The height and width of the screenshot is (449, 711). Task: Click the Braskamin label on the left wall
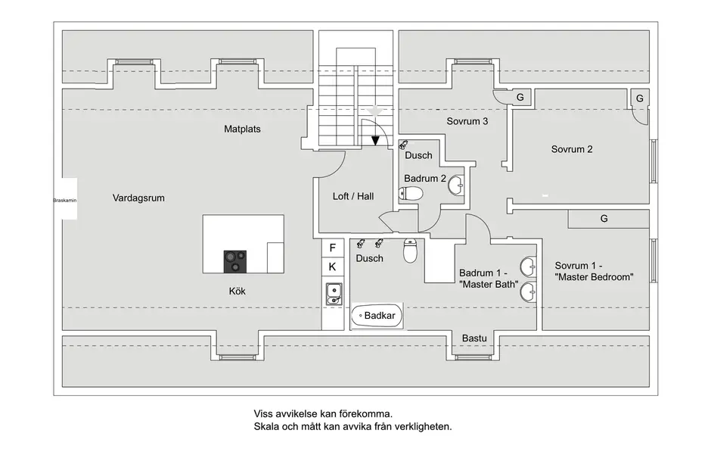65,200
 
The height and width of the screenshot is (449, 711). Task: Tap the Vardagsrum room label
138,198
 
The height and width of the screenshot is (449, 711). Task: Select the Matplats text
242,129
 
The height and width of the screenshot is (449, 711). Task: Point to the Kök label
237,291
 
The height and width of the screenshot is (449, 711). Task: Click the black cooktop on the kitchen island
235,261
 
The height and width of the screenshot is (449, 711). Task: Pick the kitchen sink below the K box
333,294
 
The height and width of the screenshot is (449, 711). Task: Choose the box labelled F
332,248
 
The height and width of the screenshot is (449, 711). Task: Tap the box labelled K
332,267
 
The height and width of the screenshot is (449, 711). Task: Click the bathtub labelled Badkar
377,315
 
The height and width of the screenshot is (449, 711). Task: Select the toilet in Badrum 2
410,195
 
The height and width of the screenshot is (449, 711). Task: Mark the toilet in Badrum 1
410,251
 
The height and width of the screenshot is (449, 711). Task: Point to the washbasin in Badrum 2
456,186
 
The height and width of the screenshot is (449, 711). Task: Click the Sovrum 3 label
467,121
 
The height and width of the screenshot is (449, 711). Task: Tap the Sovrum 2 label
572,149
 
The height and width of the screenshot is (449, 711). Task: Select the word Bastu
474,338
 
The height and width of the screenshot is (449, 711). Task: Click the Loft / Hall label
353,196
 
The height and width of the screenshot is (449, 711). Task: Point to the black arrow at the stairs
375,140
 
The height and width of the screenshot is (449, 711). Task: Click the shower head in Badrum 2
403,145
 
